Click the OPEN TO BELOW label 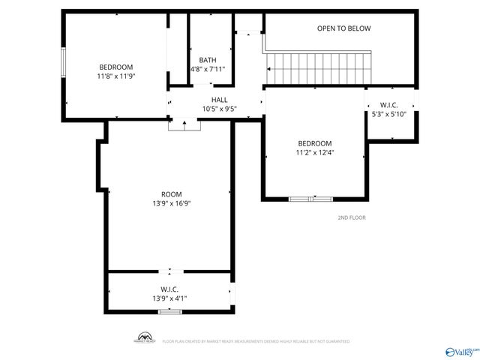343,28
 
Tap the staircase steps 321,68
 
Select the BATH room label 208,60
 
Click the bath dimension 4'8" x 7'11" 208,69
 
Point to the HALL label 219,100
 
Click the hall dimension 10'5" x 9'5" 219,109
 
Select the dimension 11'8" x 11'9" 115,76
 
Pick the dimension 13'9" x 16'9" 171,203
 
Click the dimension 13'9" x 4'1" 169,298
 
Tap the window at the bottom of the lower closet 169,311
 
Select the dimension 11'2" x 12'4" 315,152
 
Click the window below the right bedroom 311,199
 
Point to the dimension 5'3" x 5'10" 388,114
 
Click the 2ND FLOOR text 352,218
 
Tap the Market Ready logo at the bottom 144,338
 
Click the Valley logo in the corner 462,351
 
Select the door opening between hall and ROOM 185,124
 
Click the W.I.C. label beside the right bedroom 388,105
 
